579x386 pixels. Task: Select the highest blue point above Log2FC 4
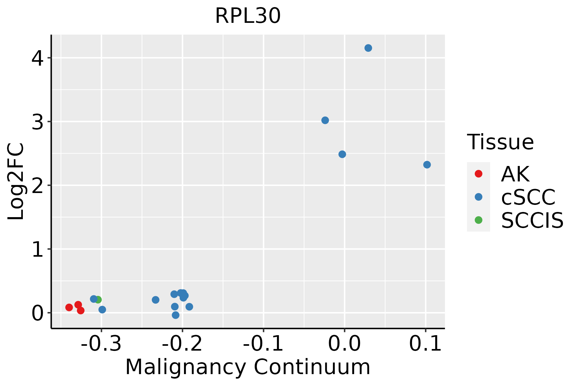point(368,48)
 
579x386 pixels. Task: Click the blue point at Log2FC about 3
point(325,120)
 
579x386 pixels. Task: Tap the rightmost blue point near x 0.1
point(427,165)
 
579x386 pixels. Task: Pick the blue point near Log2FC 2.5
point(342,154)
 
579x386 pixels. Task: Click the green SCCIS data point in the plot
point(98,299)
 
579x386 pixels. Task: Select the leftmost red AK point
point(69,307)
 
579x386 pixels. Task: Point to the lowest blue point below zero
point(176,315)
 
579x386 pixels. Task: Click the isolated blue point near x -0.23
point(156,300)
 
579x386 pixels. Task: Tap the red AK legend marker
point(478,174)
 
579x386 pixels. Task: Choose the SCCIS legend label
point(532,221)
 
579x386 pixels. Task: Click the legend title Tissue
point(500,142)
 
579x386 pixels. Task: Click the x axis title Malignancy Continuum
point(248,367)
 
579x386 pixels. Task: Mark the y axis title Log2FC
point(16,182)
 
